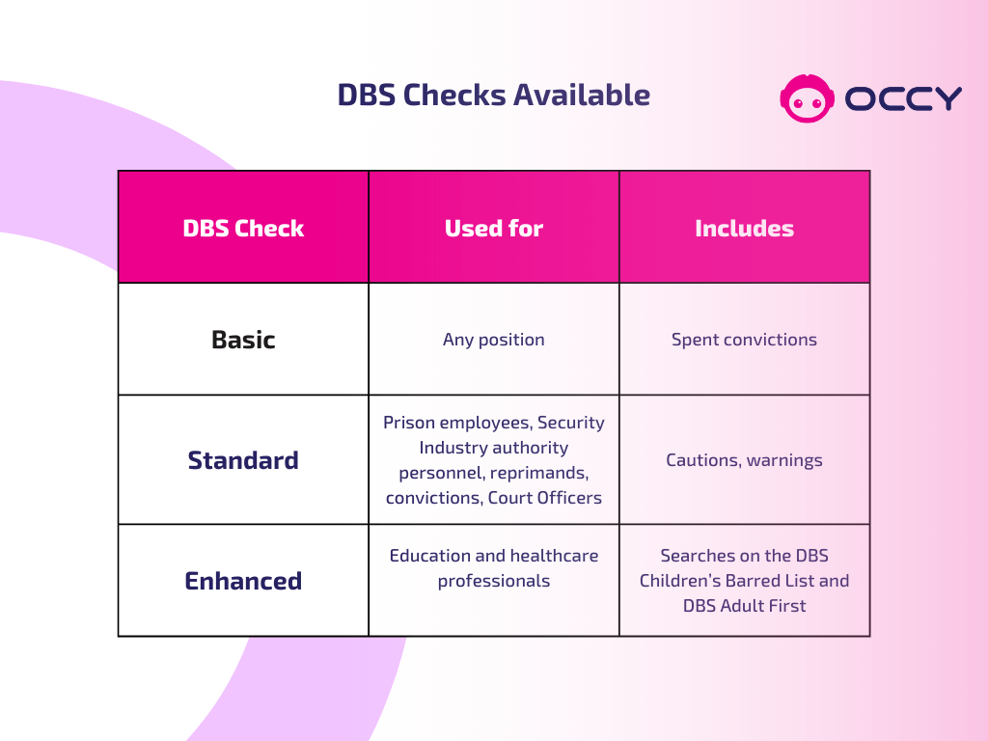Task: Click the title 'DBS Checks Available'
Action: click(x=493, y=96)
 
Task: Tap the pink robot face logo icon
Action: click(x=806, y=98)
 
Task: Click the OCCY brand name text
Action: click(x=903, y=98)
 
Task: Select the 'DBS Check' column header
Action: click(x=243, y=229)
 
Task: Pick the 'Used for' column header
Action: click(x=493, y=229)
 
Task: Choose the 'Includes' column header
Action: click(x=744, y=229)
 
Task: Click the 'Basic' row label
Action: click(x=243, y=340)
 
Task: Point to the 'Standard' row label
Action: click(x=243, y=460)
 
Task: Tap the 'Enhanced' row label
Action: click(x=243, y=581)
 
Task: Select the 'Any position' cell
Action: click(x=493, y=340)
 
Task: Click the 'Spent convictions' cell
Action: click(x=744, y=340)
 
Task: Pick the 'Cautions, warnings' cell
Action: click(x=744, y=460)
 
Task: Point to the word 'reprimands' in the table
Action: click(x=540, y=473)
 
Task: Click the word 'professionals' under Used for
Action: click(x=493, y=581)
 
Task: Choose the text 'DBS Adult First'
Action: click(x=744, y=606)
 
